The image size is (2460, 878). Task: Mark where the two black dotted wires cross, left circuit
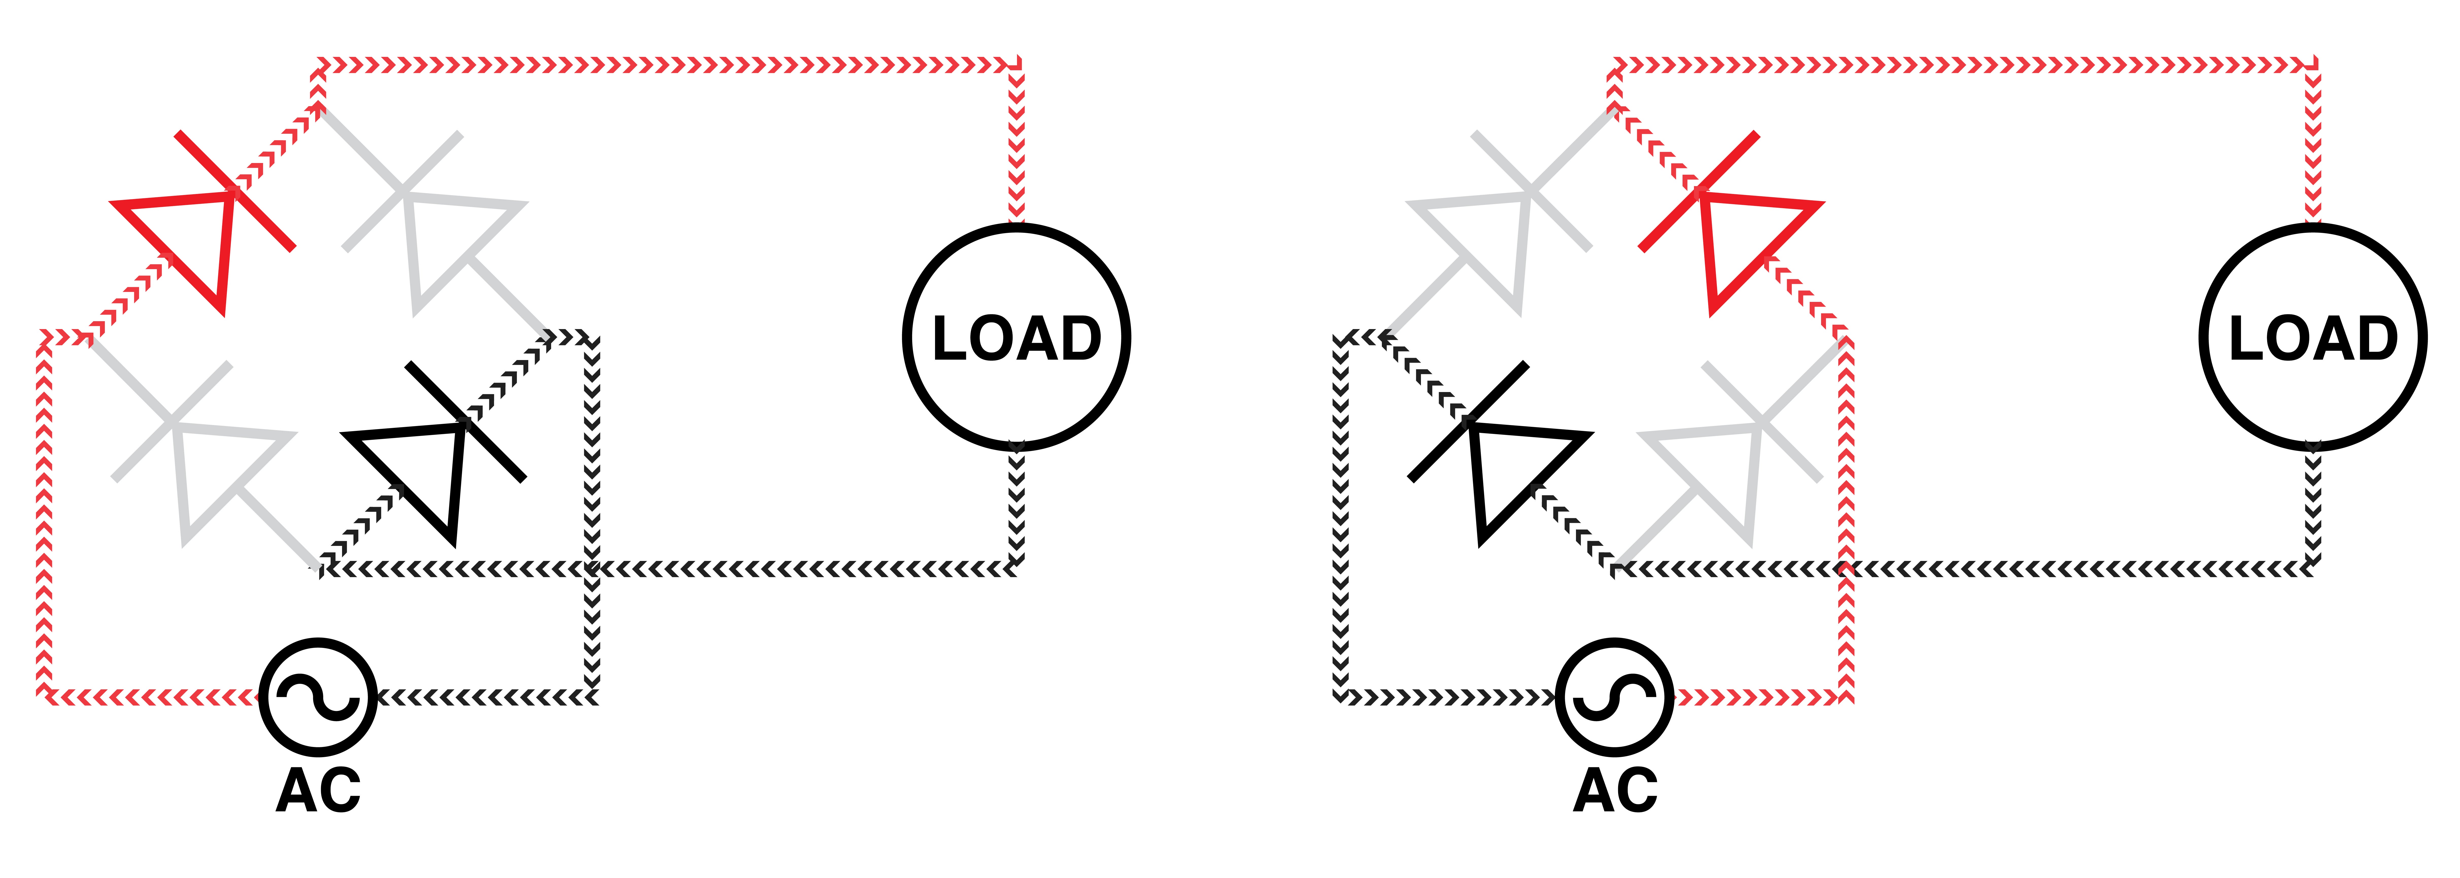tap(592, 570)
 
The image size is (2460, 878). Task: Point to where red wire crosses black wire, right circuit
tap(1846, 570)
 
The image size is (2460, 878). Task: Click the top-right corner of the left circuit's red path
tap(1016, 65)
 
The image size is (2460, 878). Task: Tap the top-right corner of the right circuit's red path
tap(2313, 65)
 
